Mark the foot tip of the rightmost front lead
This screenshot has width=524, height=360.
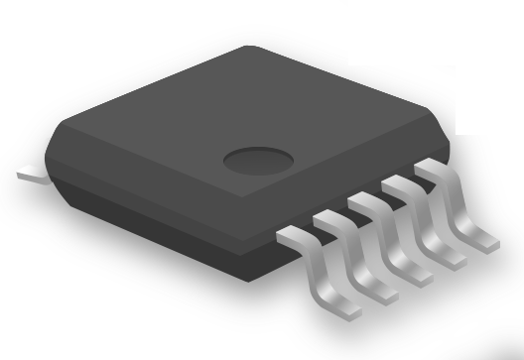pyautogui.click(x=488, y=239)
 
